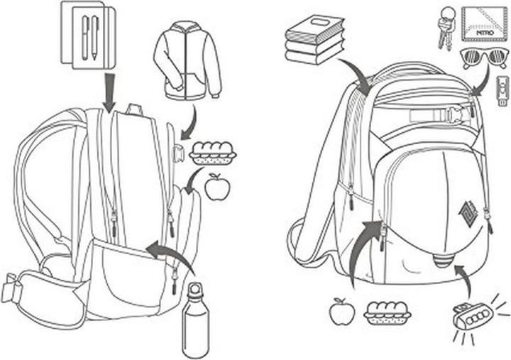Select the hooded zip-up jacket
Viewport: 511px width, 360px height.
coord(187,60)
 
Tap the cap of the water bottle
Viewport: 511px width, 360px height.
coord(195,289)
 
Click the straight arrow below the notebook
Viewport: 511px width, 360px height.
coord(110,92)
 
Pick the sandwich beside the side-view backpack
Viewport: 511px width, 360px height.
coord(213,153)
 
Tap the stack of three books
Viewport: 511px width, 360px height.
coord(315,40)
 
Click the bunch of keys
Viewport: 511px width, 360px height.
coord(446,28)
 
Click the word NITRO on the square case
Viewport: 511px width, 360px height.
coord(485,33)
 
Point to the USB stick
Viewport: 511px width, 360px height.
coord(503,92)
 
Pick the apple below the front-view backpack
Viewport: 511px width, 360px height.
coord(342,312)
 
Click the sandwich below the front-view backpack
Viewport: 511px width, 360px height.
coord(388,313)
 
